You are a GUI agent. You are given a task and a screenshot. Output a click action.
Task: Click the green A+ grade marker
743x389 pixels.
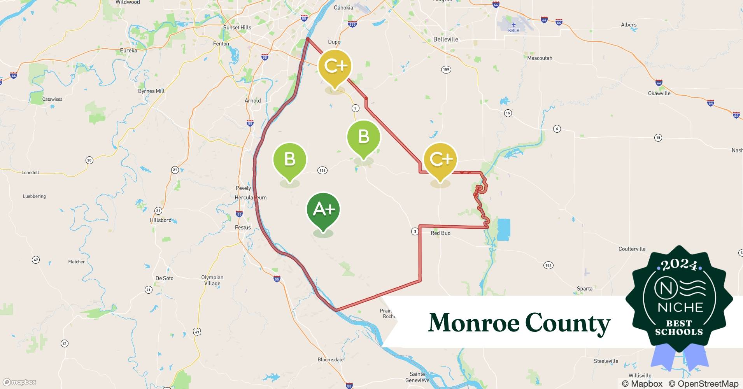323,210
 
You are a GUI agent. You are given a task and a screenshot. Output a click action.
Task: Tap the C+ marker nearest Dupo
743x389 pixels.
335,67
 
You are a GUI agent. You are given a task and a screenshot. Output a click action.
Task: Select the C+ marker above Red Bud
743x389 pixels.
440,159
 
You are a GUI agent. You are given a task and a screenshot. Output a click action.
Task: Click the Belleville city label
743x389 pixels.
446,39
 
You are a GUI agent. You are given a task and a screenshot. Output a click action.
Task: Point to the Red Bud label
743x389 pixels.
440,233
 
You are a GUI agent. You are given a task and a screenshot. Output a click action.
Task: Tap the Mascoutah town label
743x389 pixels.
540,58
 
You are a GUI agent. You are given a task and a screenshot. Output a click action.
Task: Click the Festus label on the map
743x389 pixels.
243,228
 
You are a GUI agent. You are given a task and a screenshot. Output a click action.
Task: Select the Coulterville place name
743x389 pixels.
632,249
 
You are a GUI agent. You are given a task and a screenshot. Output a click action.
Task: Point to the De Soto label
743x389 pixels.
164,278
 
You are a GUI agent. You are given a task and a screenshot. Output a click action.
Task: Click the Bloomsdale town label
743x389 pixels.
330,359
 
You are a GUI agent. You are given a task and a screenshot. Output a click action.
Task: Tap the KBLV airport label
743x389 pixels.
513,30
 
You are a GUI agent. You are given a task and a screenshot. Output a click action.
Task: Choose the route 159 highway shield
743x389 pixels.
446,70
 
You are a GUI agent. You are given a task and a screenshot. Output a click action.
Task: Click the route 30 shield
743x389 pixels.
89,160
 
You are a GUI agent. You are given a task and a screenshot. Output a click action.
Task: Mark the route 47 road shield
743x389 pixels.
36,260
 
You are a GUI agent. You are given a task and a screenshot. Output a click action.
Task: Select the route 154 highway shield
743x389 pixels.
548,265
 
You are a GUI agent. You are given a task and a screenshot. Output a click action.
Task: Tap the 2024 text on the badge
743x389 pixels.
679,265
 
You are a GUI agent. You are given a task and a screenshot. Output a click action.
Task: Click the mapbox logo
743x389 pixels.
20,382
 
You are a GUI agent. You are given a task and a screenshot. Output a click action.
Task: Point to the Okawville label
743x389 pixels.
659,93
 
